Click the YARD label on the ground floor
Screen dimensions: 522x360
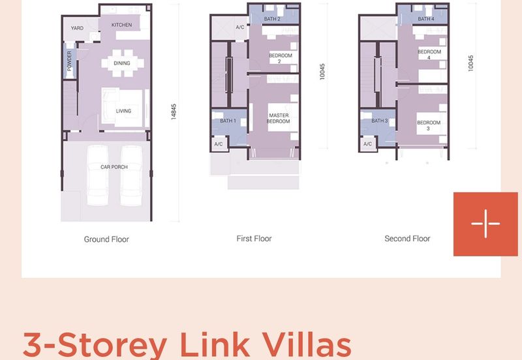[x=77, y=28]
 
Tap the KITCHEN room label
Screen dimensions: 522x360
[x=121, y=25]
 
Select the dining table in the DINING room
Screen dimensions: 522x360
[x=123, y=63]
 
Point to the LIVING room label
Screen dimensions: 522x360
[x=123, y=111]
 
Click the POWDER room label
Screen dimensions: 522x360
[x=69, y=61]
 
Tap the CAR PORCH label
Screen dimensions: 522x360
[x=114, y=167]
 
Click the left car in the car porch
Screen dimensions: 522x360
[x=97, y=175]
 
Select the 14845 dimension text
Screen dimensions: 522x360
[x=174, y=112]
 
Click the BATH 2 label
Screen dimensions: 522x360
[x=272, y=19]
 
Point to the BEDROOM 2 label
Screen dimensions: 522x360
[x=281, y=58]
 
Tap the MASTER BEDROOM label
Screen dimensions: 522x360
[x=279, y=118]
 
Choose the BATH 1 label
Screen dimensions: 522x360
[x=228, y=121]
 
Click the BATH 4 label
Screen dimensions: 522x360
[x=426, y=19]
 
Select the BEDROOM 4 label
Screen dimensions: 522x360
[x=429, y=55]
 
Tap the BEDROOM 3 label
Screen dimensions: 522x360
[x=429, y=125]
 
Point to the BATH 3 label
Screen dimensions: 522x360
[x=380, y=121]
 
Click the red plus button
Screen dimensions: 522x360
[x=485, y=224]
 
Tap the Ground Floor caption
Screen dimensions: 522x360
[x=106, y=239]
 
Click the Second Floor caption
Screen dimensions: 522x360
[x=407, y=239]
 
